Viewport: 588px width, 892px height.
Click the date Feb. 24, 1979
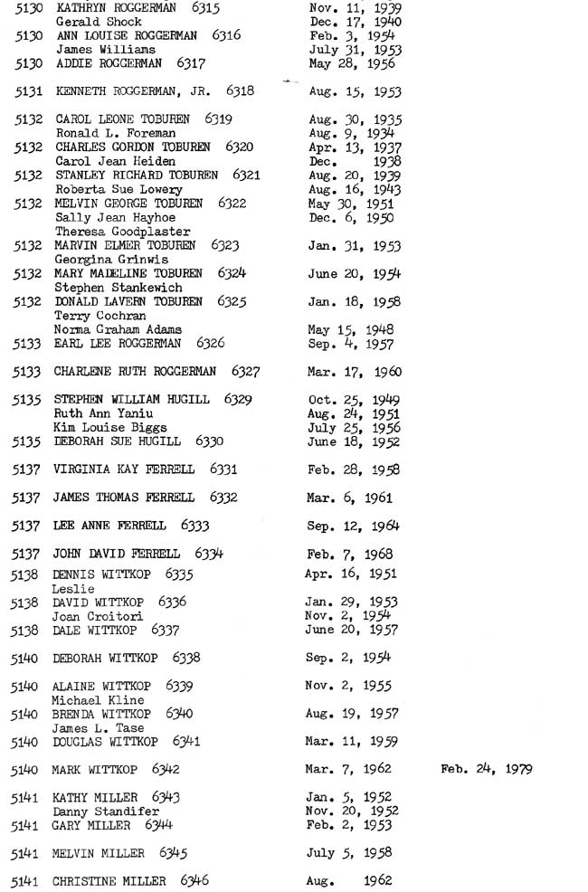click(486, 770)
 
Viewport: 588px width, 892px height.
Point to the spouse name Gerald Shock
click(99, 21)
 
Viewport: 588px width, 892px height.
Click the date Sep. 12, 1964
click(354, 526)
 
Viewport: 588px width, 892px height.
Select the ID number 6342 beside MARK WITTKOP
click(166, 770)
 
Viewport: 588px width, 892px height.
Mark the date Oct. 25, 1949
click(354, 399)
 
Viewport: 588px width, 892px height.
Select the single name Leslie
click(73, 588)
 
